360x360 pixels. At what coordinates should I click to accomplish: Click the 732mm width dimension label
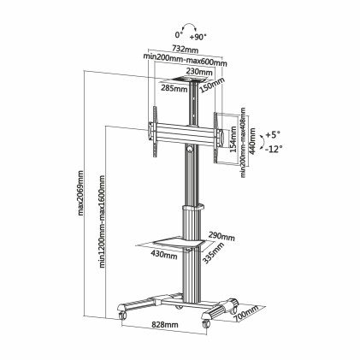[185, 50]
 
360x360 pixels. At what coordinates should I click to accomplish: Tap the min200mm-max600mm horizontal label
[185, 60]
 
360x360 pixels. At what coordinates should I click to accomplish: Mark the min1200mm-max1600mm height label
[100, 224]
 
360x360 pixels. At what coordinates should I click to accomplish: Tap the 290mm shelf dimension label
[221, 233]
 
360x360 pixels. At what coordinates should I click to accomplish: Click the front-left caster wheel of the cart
[123, 315]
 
